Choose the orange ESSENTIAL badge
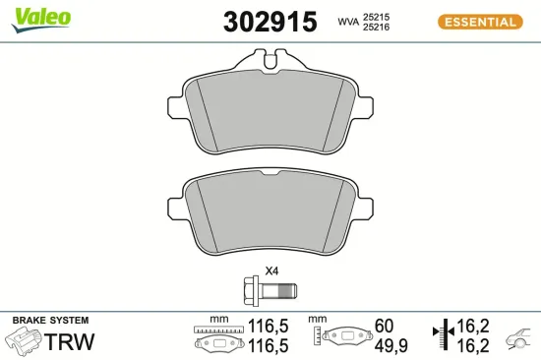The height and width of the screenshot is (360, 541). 480,22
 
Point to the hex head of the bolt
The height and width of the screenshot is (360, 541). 250,290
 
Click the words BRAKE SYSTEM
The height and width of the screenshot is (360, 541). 49,321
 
